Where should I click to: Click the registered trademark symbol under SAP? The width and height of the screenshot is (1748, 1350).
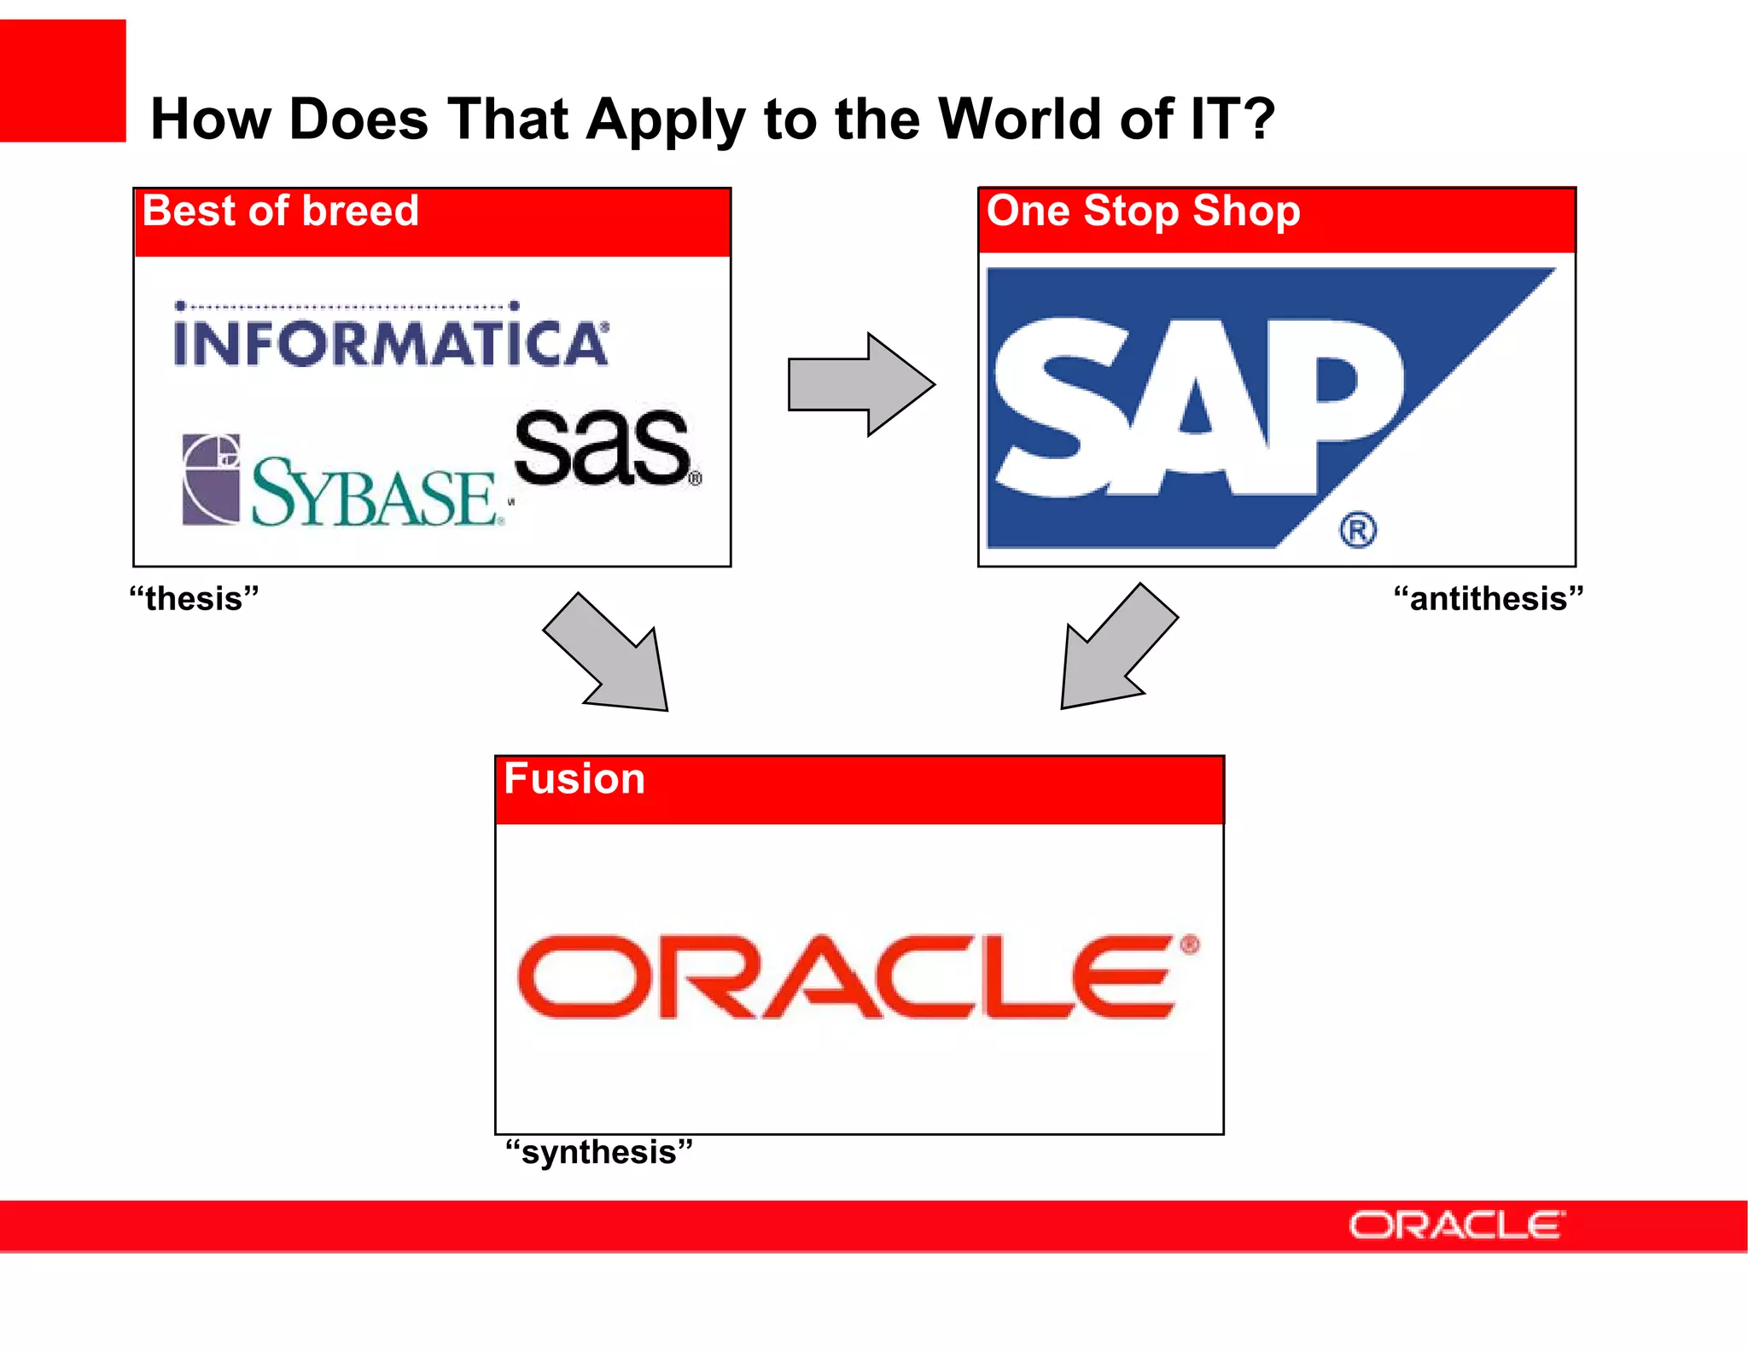(x=1357, y=530)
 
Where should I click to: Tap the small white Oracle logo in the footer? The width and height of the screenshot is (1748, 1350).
(x=1456, y=1225)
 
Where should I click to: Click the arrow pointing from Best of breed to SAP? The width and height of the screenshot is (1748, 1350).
(x=860, y=384)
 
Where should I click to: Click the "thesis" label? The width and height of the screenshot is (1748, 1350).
(x=194, y=598)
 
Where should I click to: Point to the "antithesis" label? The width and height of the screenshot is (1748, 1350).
(x=1488, y=598)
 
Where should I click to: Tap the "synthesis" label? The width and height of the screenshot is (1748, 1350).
(x=598, y=1152)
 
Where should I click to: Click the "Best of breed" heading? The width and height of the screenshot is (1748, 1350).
(x=281, y=211)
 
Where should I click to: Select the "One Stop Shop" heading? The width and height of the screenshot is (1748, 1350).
(x=1143, y=211)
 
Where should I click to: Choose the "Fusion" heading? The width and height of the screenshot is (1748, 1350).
(x=574, y=779)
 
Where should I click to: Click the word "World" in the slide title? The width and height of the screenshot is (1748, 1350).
(x=1019, y=119)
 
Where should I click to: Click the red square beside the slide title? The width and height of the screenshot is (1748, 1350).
(x=62, y=81)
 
